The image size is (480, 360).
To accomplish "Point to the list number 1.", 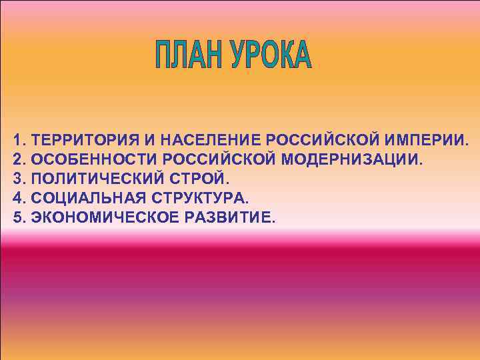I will point(17,141).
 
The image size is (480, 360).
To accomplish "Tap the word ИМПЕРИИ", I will point(427,141).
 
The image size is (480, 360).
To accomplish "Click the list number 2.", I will point(17,160).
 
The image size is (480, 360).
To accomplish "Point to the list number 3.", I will point(17,179).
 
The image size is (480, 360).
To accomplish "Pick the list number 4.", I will point(17,199).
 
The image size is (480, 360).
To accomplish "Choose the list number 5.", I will point(17,218).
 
